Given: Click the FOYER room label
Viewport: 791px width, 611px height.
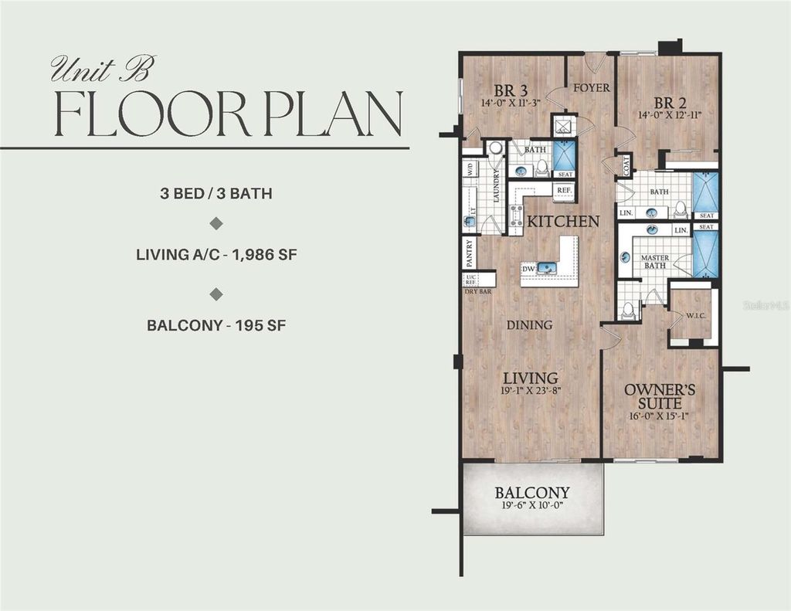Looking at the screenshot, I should tap(591, 88).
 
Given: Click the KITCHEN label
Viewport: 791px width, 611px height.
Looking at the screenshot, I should tap(563, 222).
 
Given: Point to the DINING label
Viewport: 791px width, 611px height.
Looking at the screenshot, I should tap(530, 325).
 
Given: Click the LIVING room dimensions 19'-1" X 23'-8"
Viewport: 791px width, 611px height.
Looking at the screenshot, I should tap(530, 391).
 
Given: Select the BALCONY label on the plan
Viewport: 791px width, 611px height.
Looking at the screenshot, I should tap(532, 493).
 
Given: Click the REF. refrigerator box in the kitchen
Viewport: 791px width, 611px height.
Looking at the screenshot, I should tap(564, 189).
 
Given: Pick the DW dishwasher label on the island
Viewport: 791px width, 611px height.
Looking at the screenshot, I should tap(528, 269).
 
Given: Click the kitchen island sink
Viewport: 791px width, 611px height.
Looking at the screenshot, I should tap(548, 268).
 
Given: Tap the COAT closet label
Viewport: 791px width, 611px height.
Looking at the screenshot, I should tap(626, 165).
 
